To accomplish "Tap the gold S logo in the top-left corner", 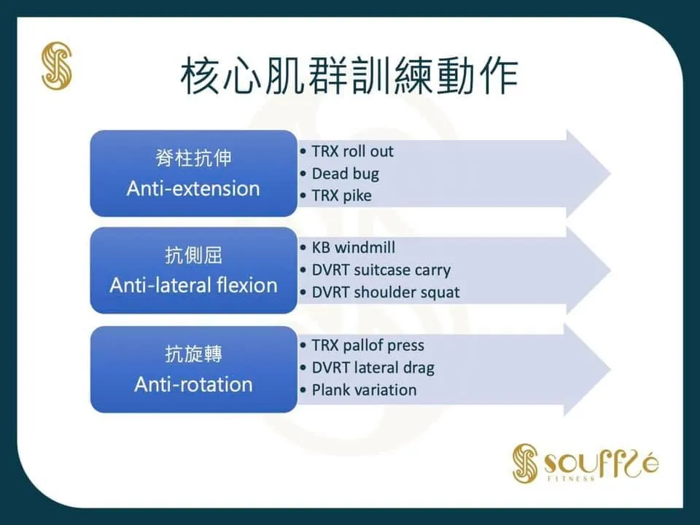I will (56, 66).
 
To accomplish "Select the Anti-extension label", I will (193, 188).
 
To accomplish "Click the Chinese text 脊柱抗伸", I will (193, 158).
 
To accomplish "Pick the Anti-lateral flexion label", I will (193, 284).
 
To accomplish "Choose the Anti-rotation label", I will (193, 384).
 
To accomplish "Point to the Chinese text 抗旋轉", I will (193, 354).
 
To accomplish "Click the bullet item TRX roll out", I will (352, 152).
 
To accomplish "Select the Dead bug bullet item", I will (345, 174).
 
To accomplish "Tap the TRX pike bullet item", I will (341, 195).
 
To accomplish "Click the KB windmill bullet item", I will (354, 248).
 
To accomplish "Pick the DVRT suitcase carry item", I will (381, 270).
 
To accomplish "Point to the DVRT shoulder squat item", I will (386, 292).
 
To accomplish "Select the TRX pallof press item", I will (367, 345).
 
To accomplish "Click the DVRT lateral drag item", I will (373, 367).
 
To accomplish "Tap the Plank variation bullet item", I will (364, 389).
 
